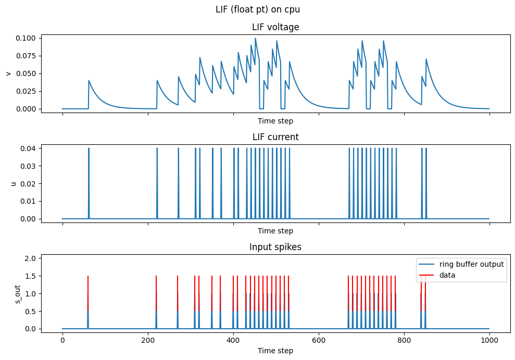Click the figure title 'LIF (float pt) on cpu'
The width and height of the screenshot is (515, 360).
coord(257,9)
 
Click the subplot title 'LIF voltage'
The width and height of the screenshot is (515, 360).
coord(275,27)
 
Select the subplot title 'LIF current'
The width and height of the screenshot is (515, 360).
coord(275,137)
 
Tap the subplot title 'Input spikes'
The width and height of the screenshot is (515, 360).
coord(275,247)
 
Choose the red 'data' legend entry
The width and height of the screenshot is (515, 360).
coord(447,275)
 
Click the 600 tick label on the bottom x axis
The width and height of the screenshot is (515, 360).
coord(318,340)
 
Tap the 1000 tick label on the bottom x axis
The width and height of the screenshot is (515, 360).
coord(489,340)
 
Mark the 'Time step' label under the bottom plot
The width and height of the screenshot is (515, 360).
coord(275,351)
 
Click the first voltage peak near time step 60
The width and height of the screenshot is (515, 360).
coord(89,81)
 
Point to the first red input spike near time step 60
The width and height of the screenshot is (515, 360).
coord(88,284)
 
